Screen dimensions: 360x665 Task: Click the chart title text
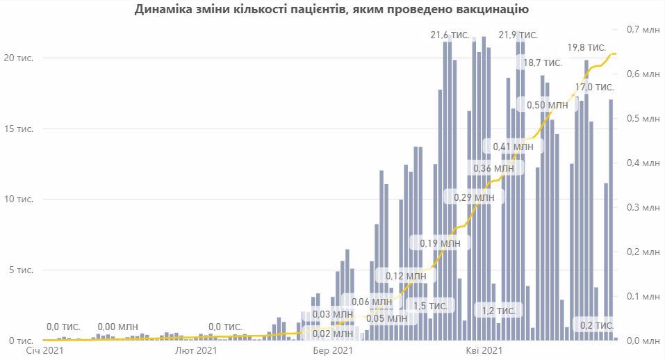click(332, 10)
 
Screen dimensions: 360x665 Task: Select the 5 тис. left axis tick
click(19, 270)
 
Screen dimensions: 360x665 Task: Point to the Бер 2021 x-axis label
click(332, 351)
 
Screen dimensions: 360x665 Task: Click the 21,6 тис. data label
click(450, 34)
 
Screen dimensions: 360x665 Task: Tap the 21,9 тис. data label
click(518, 34)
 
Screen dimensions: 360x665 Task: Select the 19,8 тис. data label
click(586, 47)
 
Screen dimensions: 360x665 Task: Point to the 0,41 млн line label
click(513, 147)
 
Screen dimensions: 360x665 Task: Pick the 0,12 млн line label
click(406, 276)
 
